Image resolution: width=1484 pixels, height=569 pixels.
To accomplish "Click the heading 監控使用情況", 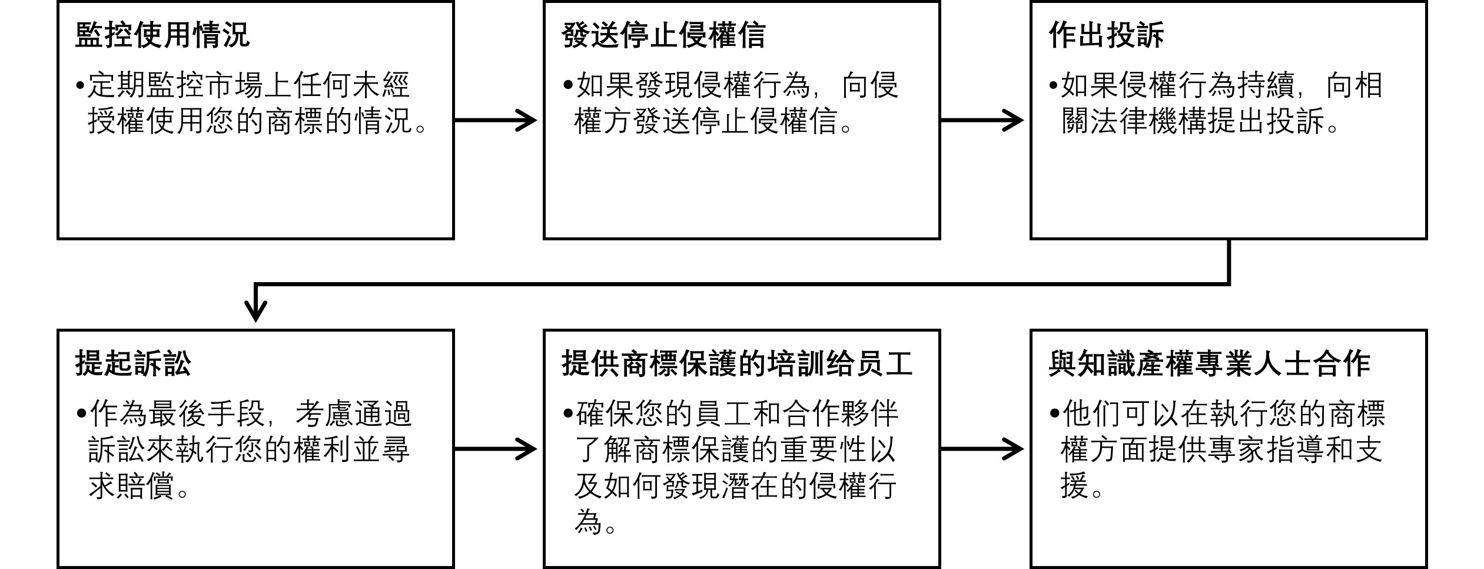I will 162,35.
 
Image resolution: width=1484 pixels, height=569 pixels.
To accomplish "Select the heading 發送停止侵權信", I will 663,35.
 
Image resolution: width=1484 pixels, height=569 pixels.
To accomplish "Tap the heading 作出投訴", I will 1106,35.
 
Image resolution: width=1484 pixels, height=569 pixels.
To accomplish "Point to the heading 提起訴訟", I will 133,363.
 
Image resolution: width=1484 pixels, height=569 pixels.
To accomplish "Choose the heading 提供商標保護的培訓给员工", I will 737,363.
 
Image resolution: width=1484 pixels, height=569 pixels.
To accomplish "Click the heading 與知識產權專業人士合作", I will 1210,363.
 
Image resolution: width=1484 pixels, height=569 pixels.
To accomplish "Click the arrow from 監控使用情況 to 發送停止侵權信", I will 496,121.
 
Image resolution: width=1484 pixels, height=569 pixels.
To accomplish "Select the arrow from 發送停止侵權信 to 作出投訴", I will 982,121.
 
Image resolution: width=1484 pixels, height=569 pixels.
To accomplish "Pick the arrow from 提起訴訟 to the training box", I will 496,449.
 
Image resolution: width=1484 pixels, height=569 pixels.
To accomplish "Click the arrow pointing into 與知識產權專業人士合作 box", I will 982,449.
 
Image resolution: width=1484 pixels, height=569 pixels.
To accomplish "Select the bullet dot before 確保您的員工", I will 567,415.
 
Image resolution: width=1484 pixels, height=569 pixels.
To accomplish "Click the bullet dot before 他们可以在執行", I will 1054,415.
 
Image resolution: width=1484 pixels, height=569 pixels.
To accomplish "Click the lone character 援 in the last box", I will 1074,487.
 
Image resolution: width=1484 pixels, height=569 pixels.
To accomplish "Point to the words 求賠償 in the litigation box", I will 131,487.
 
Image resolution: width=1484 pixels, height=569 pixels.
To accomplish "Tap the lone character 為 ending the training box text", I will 588,522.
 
